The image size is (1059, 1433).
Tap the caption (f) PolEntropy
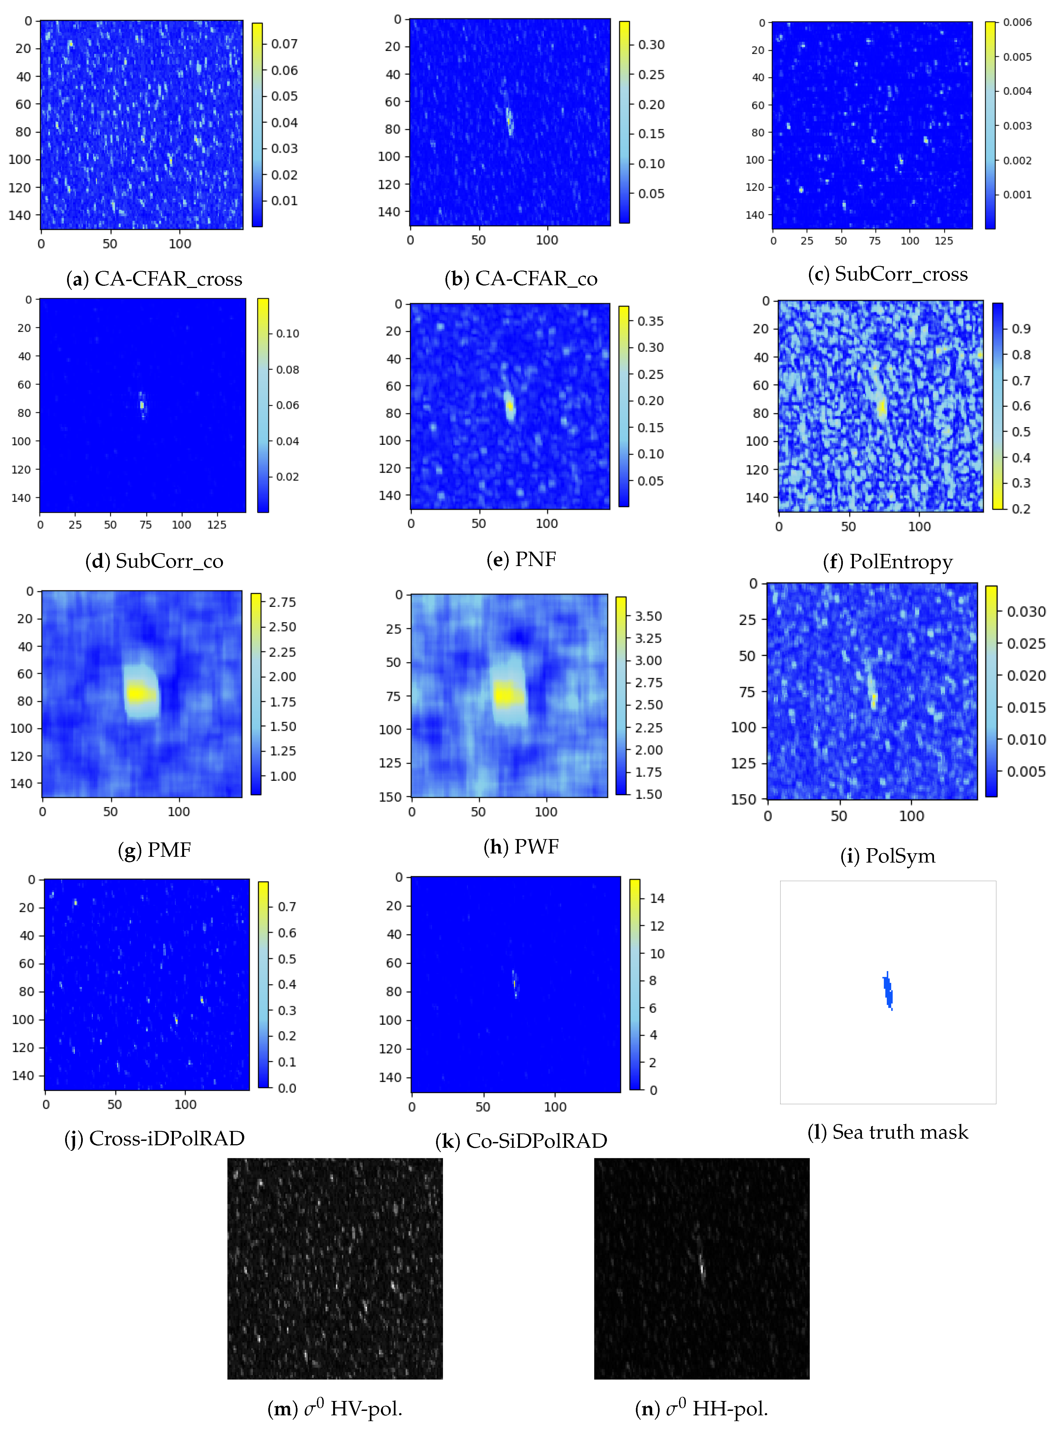(888, 562)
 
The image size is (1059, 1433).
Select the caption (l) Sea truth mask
(888, 1132)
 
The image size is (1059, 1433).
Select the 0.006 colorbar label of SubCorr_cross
(1017, 22)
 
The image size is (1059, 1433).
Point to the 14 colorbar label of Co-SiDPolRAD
(657, 898)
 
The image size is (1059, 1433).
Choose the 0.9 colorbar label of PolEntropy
(1021, 329)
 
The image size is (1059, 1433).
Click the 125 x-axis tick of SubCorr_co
(217, 525)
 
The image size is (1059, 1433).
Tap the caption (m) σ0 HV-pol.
(335, 1409)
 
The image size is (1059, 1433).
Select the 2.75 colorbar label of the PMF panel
(282, 602)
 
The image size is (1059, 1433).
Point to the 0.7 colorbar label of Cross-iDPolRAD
(286, 907)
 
